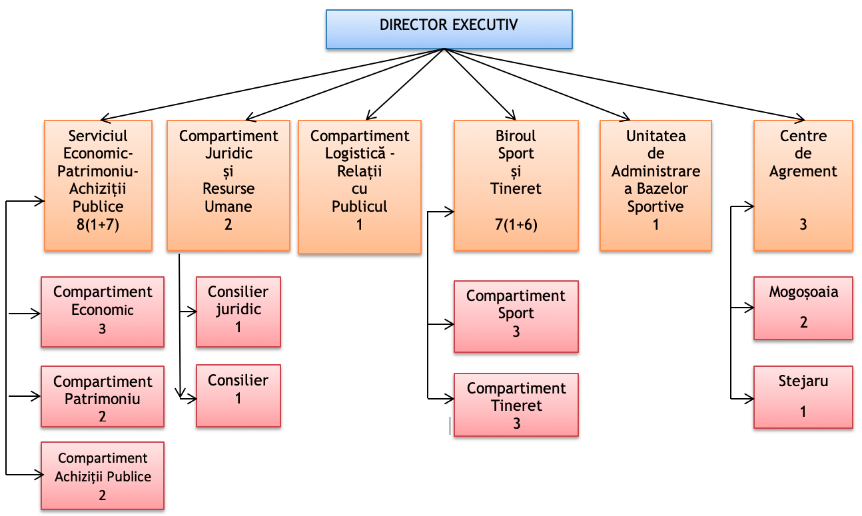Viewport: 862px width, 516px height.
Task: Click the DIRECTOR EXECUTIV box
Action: pos(449,29)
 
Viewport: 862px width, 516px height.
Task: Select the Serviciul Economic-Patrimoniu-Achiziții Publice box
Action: pos(99,185)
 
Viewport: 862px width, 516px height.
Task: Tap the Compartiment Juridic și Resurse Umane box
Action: pos(228,185)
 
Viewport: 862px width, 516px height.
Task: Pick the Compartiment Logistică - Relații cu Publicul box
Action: pos(360,186)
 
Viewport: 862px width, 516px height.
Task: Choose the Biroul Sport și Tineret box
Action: pos(516,185)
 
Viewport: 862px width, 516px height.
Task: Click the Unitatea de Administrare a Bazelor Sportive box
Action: pos(655,185)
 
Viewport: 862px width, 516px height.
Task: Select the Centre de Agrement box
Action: pos(803,185)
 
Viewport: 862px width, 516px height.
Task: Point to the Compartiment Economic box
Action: pos(103,312)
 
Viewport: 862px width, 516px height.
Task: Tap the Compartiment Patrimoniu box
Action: pos(103,396)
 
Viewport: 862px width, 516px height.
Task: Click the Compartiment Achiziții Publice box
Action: pos(103,475)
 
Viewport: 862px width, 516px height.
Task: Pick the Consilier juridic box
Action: pos(238,312)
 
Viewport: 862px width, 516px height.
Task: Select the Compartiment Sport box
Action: pos(516,316)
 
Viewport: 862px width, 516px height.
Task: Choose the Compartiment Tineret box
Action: pos(516,405)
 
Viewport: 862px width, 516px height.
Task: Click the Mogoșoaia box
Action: pos(803,308)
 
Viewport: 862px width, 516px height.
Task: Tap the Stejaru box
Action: pos(803,397)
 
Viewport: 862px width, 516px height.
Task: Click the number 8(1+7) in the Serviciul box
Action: pos(99,224)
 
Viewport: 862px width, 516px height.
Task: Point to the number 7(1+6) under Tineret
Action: pos(516,224)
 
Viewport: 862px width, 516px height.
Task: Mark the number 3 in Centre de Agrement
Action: pos(803,224)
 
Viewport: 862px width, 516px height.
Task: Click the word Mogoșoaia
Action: pos(803,292)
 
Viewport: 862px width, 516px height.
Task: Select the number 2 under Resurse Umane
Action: pos(228,224)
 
